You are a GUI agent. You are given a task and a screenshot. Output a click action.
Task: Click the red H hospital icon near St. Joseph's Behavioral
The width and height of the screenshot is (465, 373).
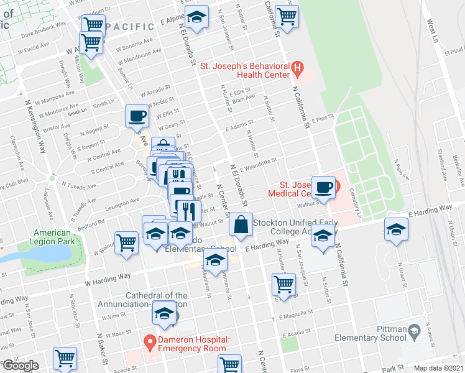(297, 68)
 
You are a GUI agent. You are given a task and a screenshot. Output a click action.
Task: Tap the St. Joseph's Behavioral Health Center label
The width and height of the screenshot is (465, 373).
(244, 70)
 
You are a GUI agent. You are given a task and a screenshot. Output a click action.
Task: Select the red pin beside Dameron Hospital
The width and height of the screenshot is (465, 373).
(149, 341)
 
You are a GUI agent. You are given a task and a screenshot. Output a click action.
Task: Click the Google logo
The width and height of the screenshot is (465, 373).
(20, 366)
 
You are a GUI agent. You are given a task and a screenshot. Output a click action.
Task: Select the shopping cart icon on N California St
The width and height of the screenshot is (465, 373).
(287, 16)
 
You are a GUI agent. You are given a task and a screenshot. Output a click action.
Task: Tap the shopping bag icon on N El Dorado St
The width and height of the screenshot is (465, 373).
(241, 224)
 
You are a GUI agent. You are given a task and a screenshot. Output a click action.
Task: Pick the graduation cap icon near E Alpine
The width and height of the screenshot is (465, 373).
(197, 19)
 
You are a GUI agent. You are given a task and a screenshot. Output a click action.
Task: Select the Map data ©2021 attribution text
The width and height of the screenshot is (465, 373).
(439, 368)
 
